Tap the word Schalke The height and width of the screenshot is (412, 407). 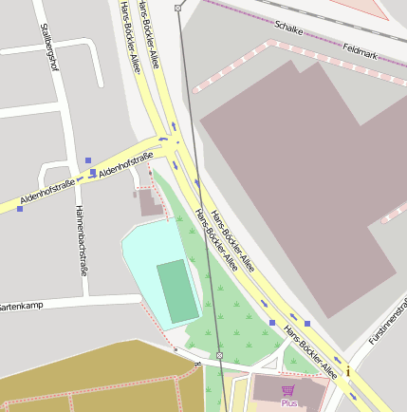(287, 29)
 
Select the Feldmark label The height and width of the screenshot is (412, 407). (360, 51)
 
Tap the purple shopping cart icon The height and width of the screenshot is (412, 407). (287, 390)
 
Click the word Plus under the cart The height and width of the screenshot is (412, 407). (288, 403)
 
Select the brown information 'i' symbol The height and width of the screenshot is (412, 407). (348, 370)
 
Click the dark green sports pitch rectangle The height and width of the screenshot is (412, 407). (177, 290)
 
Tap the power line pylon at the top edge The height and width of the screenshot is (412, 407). (177, 9)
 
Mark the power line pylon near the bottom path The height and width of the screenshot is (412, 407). (219, 355)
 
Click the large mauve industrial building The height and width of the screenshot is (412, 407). (294, 171)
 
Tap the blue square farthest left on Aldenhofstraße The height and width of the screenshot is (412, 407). (20, 209)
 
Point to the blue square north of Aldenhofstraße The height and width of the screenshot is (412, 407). (88, 159)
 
